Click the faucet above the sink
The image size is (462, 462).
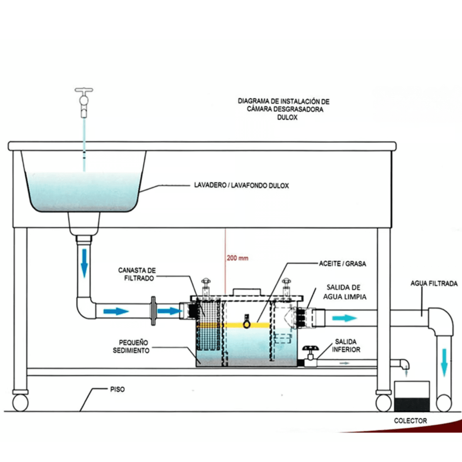pyautogui.click(x=84, y=101)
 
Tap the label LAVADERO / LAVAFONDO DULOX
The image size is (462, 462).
pyautogui.click(x=241, y=186)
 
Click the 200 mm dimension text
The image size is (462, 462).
pyautogui.click(x=238, y=258)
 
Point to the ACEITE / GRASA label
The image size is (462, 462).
pyautogui.click(x=342, y=264)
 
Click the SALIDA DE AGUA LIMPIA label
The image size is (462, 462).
pyautogui.click(x=344, y=292)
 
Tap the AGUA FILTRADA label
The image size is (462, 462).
pyautogui.click(x=434, y=283)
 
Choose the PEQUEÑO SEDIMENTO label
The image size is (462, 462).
pyautogui.click(x=131, y=346)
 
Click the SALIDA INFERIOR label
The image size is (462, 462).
pyautogui.click(x=346, y=346)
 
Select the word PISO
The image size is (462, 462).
pyautogui.click(x=117, y=389)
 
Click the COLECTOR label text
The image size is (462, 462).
pyautogui.click(x=410, y=421)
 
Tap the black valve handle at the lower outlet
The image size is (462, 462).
pyautogui.click(x=310, y=349)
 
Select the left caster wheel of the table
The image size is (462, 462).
pyautogui.click(x=20, y=402)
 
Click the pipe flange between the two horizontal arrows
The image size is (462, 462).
pyautogui.click(x=153, y=311)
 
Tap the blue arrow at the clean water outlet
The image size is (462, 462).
pyautogui.click(x=344, y=318)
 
